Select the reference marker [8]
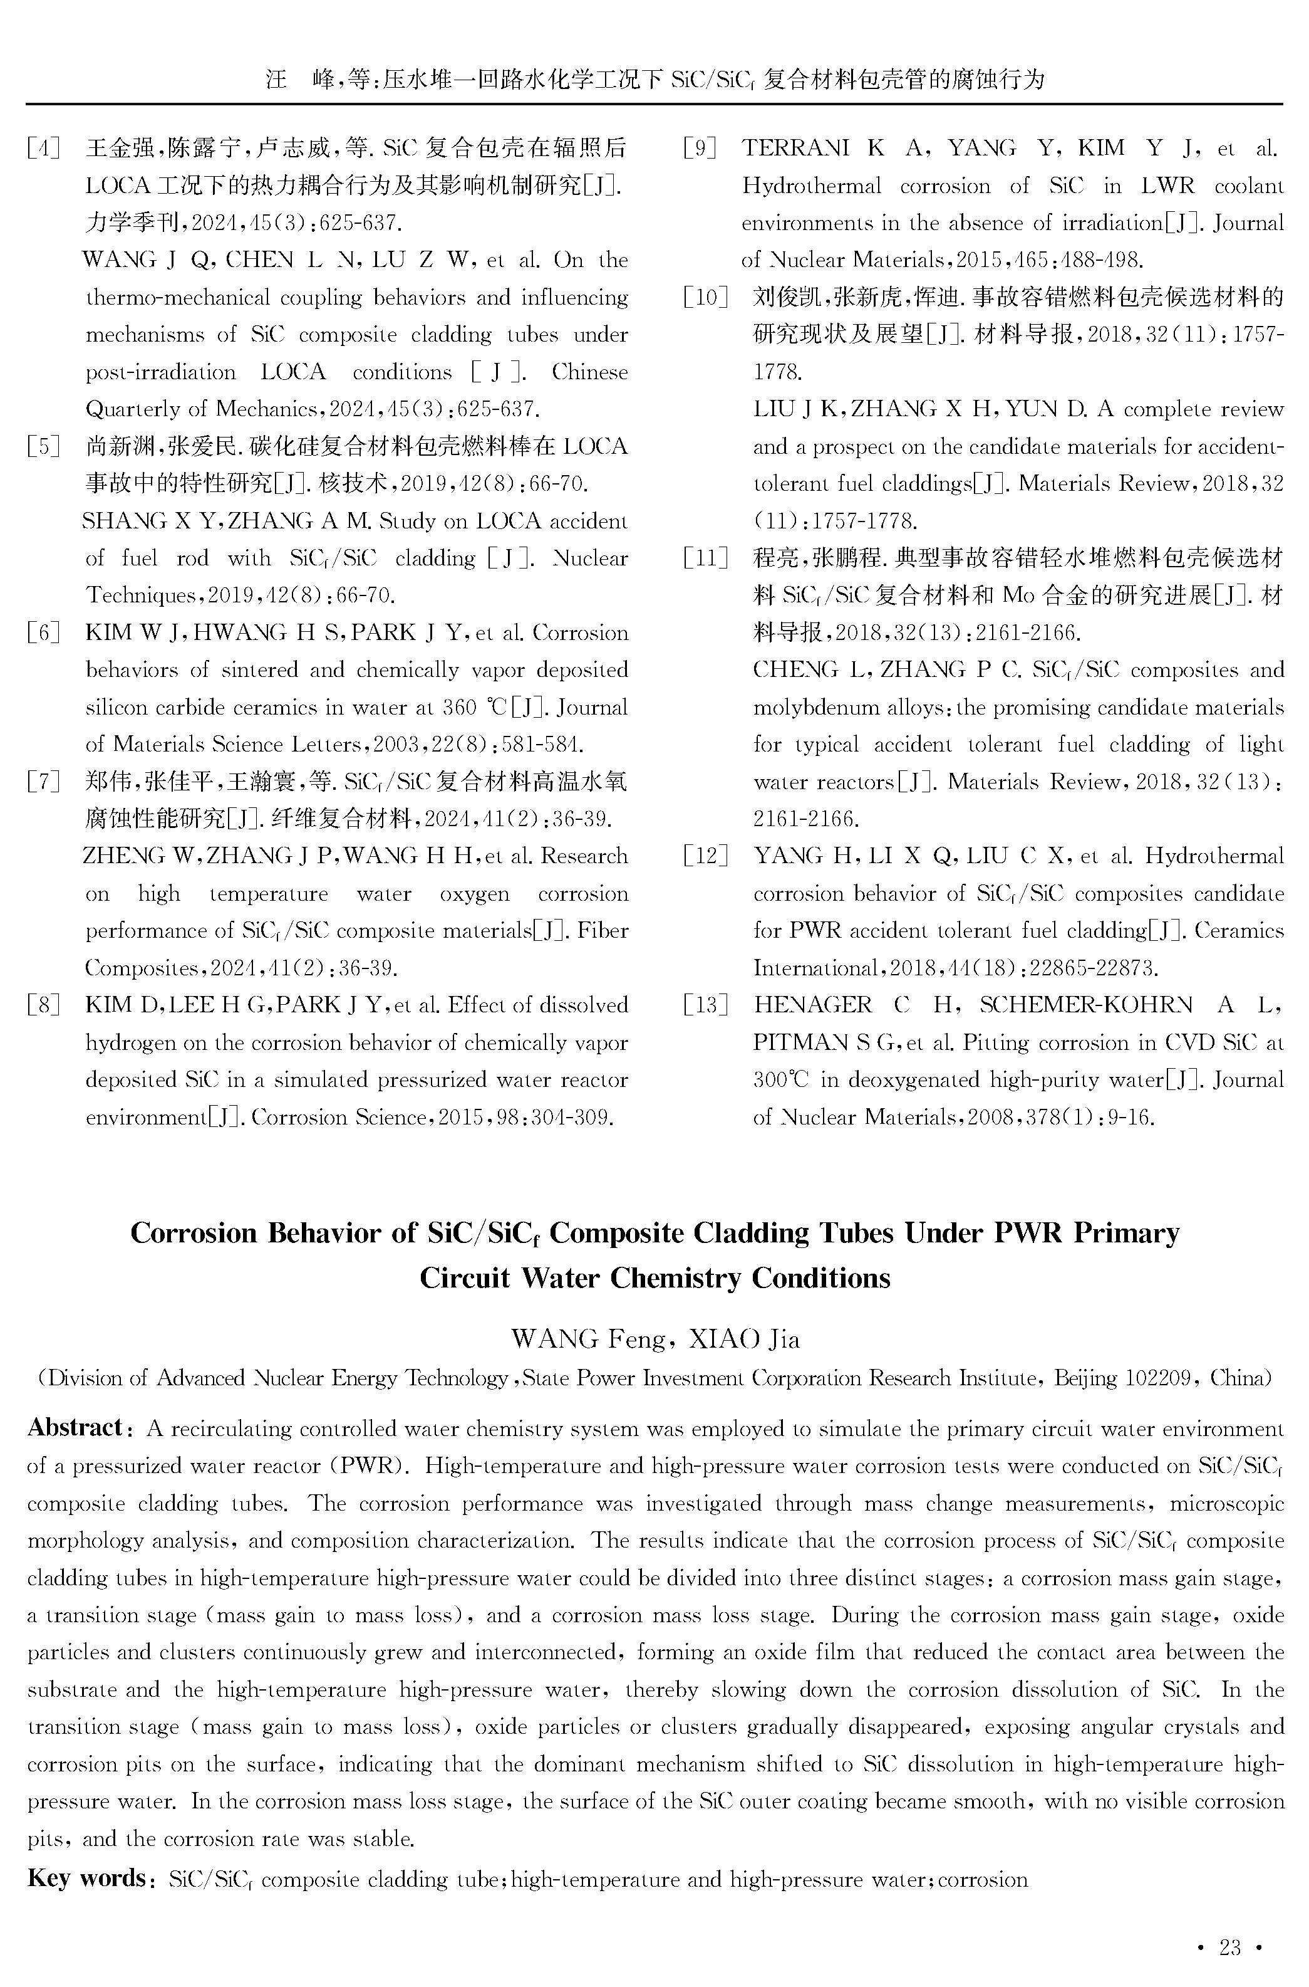click(43, 1005)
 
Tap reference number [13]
click(705, 1005)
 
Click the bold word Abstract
click(75, 1427)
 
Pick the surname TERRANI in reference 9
click(795, 149)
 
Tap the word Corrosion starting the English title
click(193, 1233)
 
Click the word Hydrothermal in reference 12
click(1214, 857)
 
